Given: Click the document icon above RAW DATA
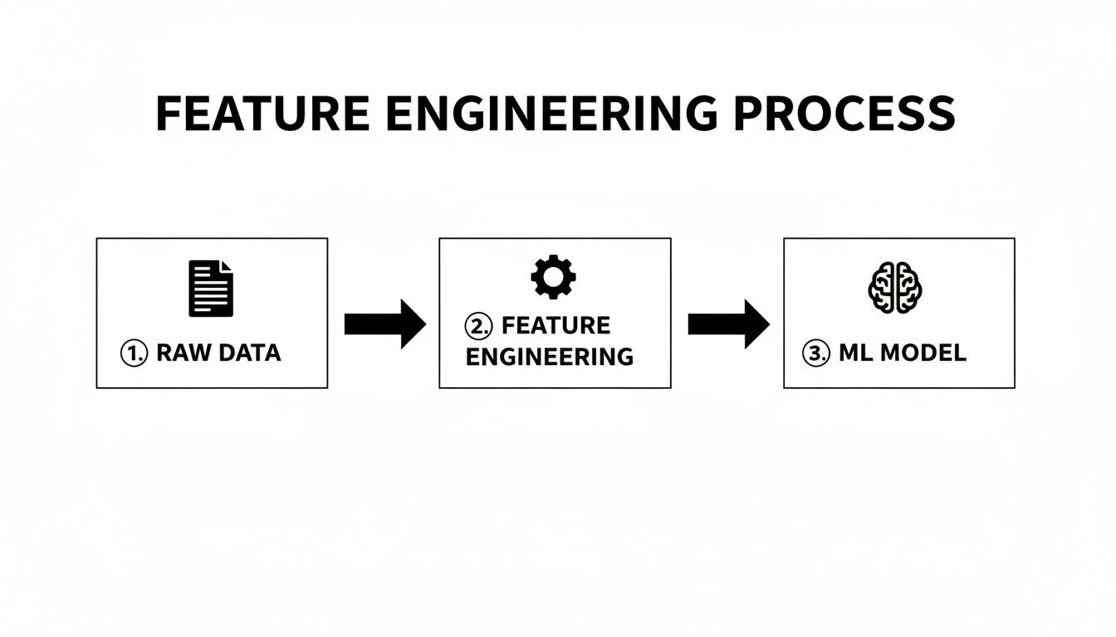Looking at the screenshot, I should [x=211, y=289].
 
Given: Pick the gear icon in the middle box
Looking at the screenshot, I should [x=553, y=277].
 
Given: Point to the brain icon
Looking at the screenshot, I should [x=896, y=287].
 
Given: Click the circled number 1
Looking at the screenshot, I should [x=135, y=353].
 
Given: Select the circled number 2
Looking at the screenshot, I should [x=477, y=325].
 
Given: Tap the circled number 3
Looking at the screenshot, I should [x=816, y=353].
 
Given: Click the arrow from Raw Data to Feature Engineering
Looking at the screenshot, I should [x=384, y=323].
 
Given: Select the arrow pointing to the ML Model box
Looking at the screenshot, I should [x=728, y=323].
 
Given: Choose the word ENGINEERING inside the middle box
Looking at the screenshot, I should [x=549, y=357].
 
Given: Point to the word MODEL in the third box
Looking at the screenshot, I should [x=923, y=353].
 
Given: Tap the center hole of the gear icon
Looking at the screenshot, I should [x=553, y=277].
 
